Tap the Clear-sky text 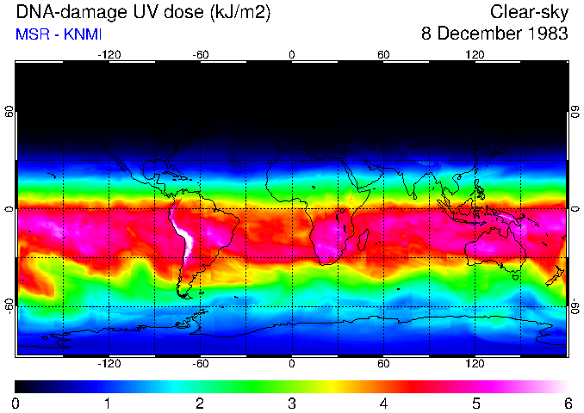point(529,12)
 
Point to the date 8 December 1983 point(494,34)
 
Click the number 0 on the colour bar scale point(16,403)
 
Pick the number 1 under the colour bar point(108,403)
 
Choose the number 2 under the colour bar point(200,403)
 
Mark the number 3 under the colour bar point(292,403)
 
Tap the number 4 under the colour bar point(383,403)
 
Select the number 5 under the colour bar point(475,403)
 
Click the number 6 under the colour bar point(567,403)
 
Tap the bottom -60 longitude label point(200,363)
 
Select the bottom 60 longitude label point(383,363)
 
